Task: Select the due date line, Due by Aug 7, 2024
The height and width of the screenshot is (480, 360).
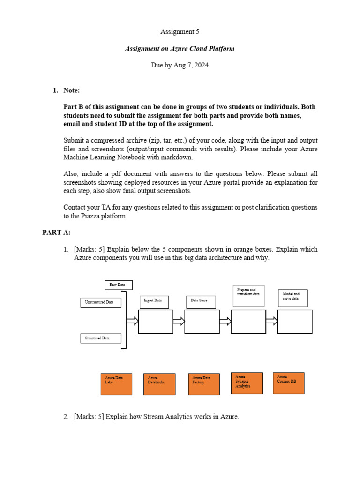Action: click(x=180, y=65)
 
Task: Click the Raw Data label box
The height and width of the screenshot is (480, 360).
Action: click(x=119, y=285)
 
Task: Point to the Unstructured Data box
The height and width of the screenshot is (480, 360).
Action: click(x=101, y=302)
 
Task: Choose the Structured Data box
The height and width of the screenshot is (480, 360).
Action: click(x=101, y=338)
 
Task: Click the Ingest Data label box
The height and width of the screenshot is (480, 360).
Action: click(x=154, y=302)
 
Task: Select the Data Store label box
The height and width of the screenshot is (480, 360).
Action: click(x=201, y=302)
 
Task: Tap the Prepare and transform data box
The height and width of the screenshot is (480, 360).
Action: click(x=248, y=295)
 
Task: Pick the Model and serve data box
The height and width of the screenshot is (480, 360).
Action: click(x=292, y=298)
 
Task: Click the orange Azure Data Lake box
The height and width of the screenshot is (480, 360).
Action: click(x=117, y=384)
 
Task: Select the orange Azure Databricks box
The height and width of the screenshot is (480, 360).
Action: click(x=159, y=384)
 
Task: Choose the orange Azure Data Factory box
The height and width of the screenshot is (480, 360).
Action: click(x=203, y=384)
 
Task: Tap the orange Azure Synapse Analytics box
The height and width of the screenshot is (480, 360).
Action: click(x=247, y=383)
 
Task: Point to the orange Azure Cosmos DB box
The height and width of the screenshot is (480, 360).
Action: click(x=288, y=383)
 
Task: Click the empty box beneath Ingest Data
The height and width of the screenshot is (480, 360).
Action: click(x=155, y=322)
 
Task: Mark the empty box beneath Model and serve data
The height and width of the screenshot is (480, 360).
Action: click(x=295, y=322)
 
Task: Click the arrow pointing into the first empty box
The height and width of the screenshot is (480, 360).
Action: click(x=133, y=321)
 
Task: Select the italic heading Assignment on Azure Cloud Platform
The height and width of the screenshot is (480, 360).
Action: click(x=180, y=49)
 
